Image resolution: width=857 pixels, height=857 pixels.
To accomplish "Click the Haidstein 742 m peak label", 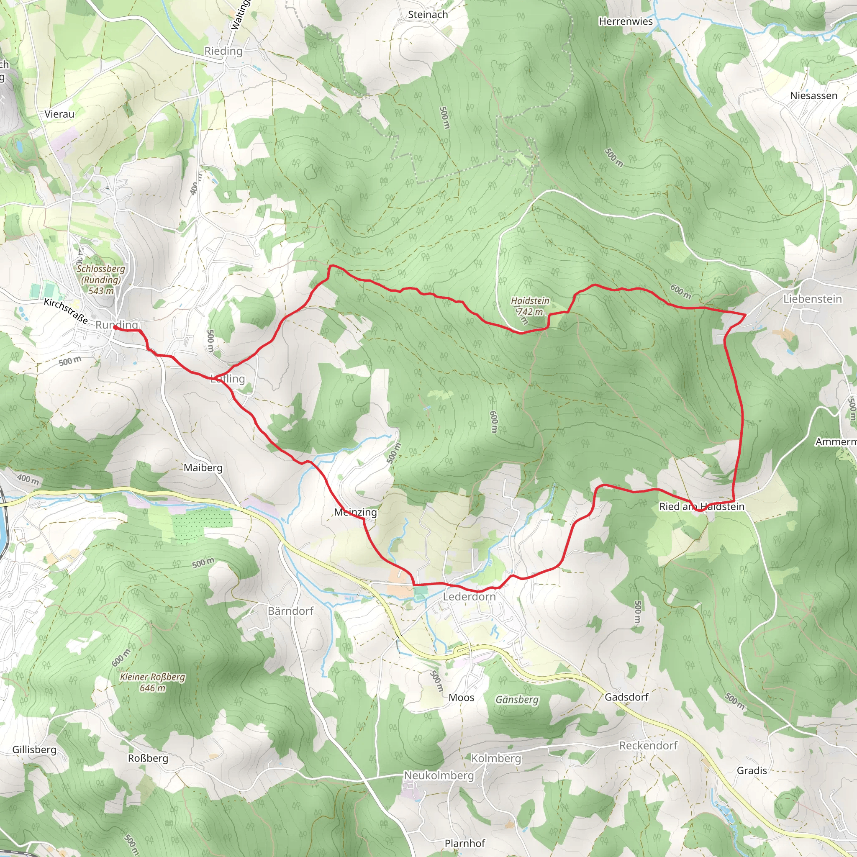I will coord(530,306).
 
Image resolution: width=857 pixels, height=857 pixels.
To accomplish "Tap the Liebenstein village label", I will coord(812,299).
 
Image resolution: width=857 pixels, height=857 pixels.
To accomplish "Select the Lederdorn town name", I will coord(470,597).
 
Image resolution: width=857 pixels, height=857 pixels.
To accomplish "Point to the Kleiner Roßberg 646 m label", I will coord(153,682).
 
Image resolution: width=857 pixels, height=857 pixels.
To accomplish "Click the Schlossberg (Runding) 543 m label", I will coord(101,280).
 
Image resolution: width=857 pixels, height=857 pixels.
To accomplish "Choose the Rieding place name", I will coord(223,51).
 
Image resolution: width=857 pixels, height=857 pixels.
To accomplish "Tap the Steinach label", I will coord(428,15).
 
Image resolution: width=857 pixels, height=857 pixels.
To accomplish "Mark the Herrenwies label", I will coord(626,21).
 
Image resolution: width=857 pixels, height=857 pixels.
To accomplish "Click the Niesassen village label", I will coord(813,96).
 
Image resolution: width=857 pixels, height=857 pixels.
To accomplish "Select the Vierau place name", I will coord(59,114).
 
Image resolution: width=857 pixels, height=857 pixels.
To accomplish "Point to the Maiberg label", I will coord(203,467).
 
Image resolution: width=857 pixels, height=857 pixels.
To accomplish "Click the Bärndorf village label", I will coord(290,611).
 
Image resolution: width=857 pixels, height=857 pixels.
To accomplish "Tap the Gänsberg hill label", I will coord(517,700).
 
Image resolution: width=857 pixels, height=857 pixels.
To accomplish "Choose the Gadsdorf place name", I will coord(626,697).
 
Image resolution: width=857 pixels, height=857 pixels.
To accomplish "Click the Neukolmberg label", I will coord(439,775).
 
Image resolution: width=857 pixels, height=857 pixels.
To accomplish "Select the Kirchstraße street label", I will coord(66,310).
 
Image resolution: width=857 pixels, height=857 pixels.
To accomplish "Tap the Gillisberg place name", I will coord(34,749).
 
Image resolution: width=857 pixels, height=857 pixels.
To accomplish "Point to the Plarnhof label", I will coord(464,843).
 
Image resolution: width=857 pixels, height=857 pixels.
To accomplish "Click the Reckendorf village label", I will coord(648,746).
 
